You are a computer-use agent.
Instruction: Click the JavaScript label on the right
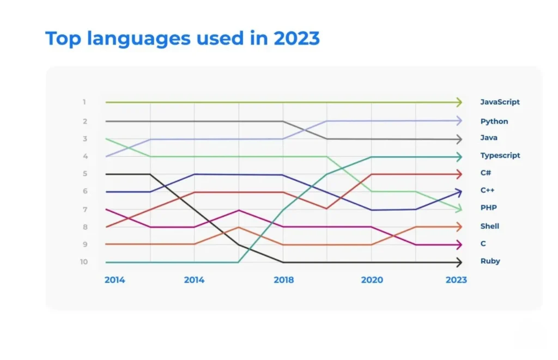pyautogui.click(x=500, y=102)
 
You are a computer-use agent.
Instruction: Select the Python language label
pyautogui.click(x=494, y=121)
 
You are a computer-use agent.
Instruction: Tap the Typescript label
pyautogui.click(x=500, y=155)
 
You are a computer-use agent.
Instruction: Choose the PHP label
pyautogui.click(x=488, y=208)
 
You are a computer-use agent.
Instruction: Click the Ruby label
pyautogui.click(x=490, y=261)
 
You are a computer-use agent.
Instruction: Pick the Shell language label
pyautogui.click(x=489, y=226)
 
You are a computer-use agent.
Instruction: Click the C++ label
pyautogui.click(x=487, y=190)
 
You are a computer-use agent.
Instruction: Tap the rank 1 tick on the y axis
pyautogui.click(x=84, y=102)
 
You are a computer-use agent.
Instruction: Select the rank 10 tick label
pyautogui.click(x=84, y=262)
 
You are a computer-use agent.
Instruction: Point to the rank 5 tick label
pyautogui.click(x=84, y=174)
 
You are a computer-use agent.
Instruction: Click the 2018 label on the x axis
pyautogui.click(x=283, y=280)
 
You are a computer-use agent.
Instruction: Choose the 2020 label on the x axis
pyautogui.click(x=372, y=280)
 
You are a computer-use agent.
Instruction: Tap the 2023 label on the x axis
pyautogui.click(x=456, y=280)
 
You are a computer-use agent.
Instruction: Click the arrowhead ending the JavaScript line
pyautogui.click(x=459, y=102)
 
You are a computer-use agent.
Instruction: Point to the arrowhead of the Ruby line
pyautogui.click(x=459, y=262)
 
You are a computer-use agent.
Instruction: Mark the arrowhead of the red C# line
pyautogui.click(x=459, y=174)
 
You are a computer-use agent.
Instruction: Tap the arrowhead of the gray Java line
pyautogui.click(x=459, y=139)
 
